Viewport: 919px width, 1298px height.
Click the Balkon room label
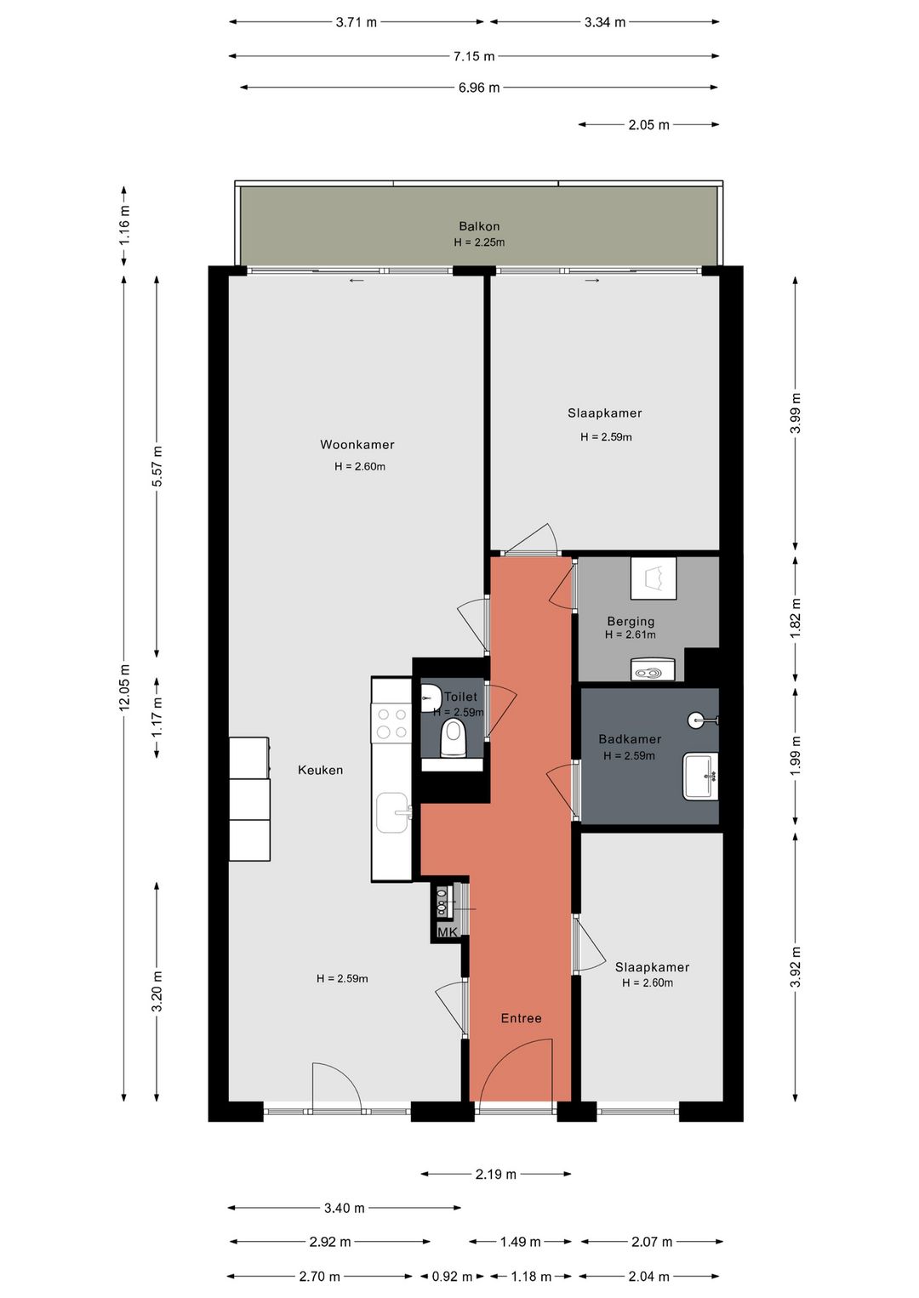[x=479, y=226]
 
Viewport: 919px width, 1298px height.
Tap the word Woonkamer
[x=357, y=445]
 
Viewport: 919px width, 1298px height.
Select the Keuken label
[x=320, y=770]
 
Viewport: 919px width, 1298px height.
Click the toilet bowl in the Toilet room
[x=453, y=738]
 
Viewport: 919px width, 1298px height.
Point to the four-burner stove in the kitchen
[x=391, y=723]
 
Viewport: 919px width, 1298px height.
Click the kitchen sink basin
[x=393, y=812]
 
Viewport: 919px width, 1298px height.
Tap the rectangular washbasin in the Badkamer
[x=700, y=776]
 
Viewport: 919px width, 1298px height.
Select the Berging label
[x=631, y=621]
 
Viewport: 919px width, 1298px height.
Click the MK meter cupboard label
[x=448, y=931]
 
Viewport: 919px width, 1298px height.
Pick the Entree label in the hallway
[x=522, y=1018]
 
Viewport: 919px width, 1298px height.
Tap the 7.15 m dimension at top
[x=474, y=56]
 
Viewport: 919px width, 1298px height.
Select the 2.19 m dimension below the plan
[x=496, y=1174]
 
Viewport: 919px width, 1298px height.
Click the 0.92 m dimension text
[x=452, y=1277]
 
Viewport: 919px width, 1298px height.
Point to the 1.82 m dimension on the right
[x=796, y=619]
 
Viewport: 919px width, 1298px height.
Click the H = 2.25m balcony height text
[x=479, y=242]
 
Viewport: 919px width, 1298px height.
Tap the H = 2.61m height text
[x=631, y=635]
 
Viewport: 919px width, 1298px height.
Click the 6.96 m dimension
[x=479, y=88]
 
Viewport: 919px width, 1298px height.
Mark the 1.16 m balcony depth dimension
[x=124, y=226]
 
